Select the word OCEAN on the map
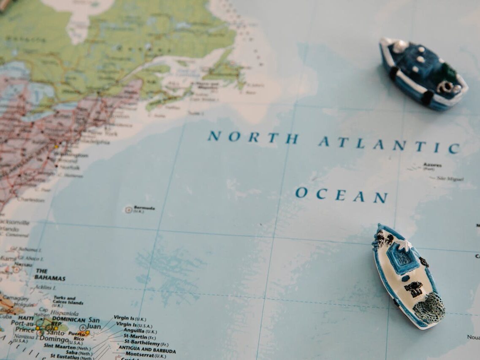(x=341, y=195)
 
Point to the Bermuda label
(x=144, y=208)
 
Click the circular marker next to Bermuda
(x=128, y=209)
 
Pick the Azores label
(x=432, y=165)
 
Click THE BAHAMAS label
(x=49, y=275)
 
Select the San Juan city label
(x=93, y=323)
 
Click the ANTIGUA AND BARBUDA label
(x=147, y=350)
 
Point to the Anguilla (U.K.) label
(x=140, y=331)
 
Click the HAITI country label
(x=26, y=318)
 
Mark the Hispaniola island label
(x=64, y=314)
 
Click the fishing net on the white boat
(x=429, y=309)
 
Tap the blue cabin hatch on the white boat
(x=402, y=258)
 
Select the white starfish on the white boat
(x=406, y=245)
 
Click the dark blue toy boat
(x=422, y=74)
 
